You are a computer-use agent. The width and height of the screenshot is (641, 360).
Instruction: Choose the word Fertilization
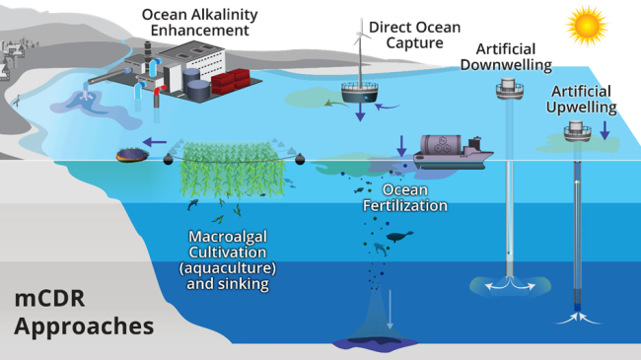pyautogui.click(x=405, y=205)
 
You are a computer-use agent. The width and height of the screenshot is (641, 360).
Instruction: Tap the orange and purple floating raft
pyautogui.click(x=132, y=154)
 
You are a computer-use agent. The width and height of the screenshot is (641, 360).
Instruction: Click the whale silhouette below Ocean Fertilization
pyautogui.click(x=399, y=237)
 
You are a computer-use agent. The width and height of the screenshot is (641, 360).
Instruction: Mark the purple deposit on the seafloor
pyautogui.click(x=377, y=342)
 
